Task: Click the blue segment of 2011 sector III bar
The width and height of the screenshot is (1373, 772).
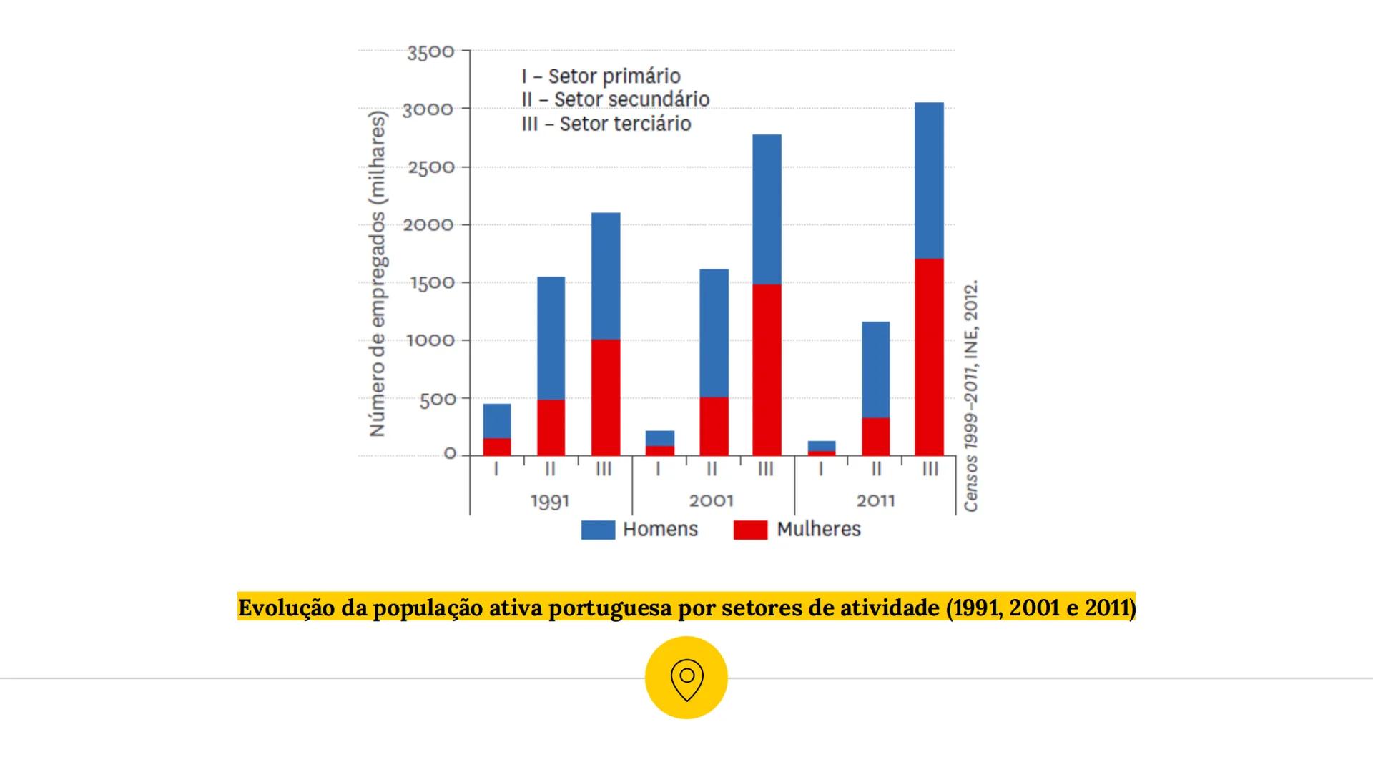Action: tap(929, 180)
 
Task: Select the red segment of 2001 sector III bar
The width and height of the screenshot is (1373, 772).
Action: tap(767, 370)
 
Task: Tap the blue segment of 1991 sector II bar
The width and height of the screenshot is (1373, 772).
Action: tap(551, 337)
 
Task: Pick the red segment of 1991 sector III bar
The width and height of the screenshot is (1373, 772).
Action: tap(606, 397)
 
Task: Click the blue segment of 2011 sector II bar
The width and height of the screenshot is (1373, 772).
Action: tap(875, 370)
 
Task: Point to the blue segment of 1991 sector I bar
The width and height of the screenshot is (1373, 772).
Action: tap(497, 420)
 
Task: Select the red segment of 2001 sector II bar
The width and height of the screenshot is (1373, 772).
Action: tap(714, 426)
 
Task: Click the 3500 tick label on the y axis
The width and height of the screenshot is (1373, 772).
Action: tap(430, 52)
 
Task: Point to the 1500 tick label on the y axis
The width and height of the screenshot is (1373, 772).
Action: tap(432, 283)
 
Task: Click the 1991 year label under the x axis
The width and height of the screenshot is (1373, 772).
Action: tap(550, 500)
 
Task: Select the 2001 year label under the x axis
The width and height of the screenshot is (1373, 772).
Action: tap(712, 500)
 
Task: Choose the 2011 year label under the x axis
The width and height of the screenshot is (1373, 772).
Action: tap(875, 500)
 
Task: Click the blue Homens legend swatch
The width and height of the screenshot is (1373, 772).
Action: tap(598, 530)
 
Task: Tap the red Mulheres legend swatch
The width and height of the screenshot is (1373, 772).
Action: tap(750, 530)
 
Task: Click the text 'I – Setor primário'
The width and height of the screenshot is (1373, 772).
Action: tap(601, 76)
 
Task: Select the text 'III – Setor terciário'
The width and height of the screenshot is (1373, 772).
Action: tap(606, 124)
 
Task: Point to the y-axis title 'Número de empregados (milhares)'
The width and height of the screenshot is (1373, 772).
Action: tap(377, 274)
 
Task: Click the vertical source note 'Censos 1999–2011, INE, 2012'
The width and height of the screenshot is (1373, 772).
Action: tap(970, 395)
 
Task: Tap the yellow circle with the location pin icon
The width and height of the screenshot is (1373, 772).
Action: tap(686, 678)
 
